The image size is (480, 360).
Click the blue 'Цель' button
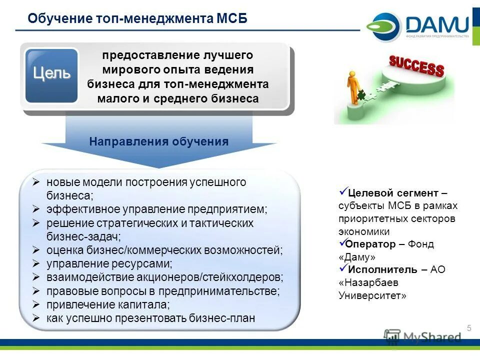click(x=51, y=75)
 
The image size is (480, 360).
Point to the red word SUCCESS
click(x=416, y=66)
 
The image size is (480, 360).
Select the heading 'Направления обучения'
click(x=158, y=141)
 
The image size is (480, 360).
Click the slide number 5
click(x=469, y=328)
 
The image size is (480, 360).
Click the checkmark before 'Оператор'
click(x=342, y=243)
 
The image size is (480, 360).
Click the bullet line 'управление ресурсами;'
click(x=109, y=263)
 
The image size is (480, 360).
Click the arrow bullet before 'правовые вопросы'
click(x=36, y=290)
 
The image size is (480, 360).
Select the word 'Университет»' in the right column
click(x=372, y=295)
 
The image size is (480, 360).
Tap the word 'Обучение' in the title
click(x=58, y=18)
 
